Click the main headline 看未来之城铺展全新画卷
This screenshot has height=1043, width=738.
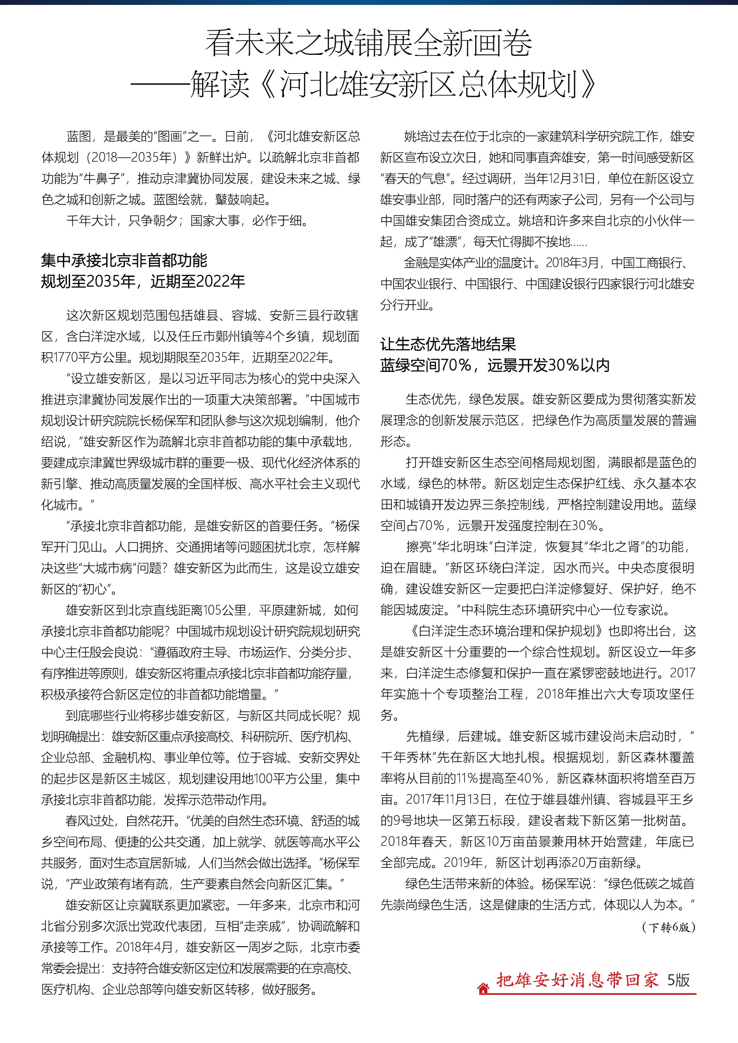(x=369, y=43)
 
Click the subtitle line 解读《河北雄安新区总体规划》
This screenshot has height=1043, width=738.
(x=393, y=84)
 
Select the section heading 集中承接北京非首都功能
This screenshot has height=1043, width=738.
(x=124, y=260)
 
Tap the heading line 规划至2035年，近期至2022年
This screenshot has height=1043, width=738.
(x=143, y=281)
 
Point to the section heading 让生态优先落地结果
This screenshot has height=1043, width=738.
(x=448, y=344)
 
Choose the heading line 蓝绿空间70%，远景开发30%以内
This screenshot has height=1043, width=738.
(x=494, y=365)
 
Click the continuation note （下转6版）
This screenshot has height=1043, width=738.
(x=668, y=927)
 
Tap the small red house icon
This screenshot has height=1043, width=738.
(x=483, y=988)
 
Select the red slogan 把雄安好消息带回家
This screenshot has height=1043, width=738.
(x=577, y=980)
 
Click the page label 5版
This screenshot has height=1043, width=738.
(x=679, y=980)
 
